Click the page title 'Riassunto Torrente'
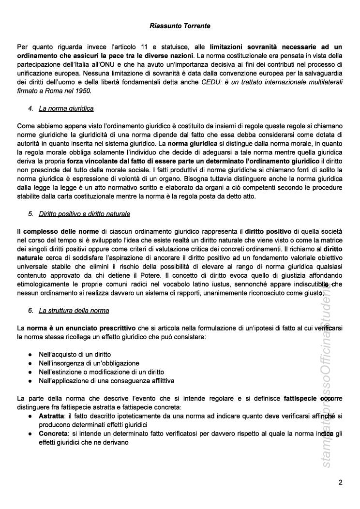[180, 25]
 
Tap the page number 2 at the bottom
[341, 482]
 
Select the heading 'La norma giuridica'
[66, 108]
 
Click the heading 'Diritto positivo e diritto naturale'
[84, 213]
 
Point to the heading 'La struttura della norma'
[74, 310]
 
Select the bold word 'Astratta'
[51, 416]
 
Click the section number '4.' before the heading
[30, 108]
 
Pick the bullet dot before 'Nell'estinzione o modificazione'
[30, 372]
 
